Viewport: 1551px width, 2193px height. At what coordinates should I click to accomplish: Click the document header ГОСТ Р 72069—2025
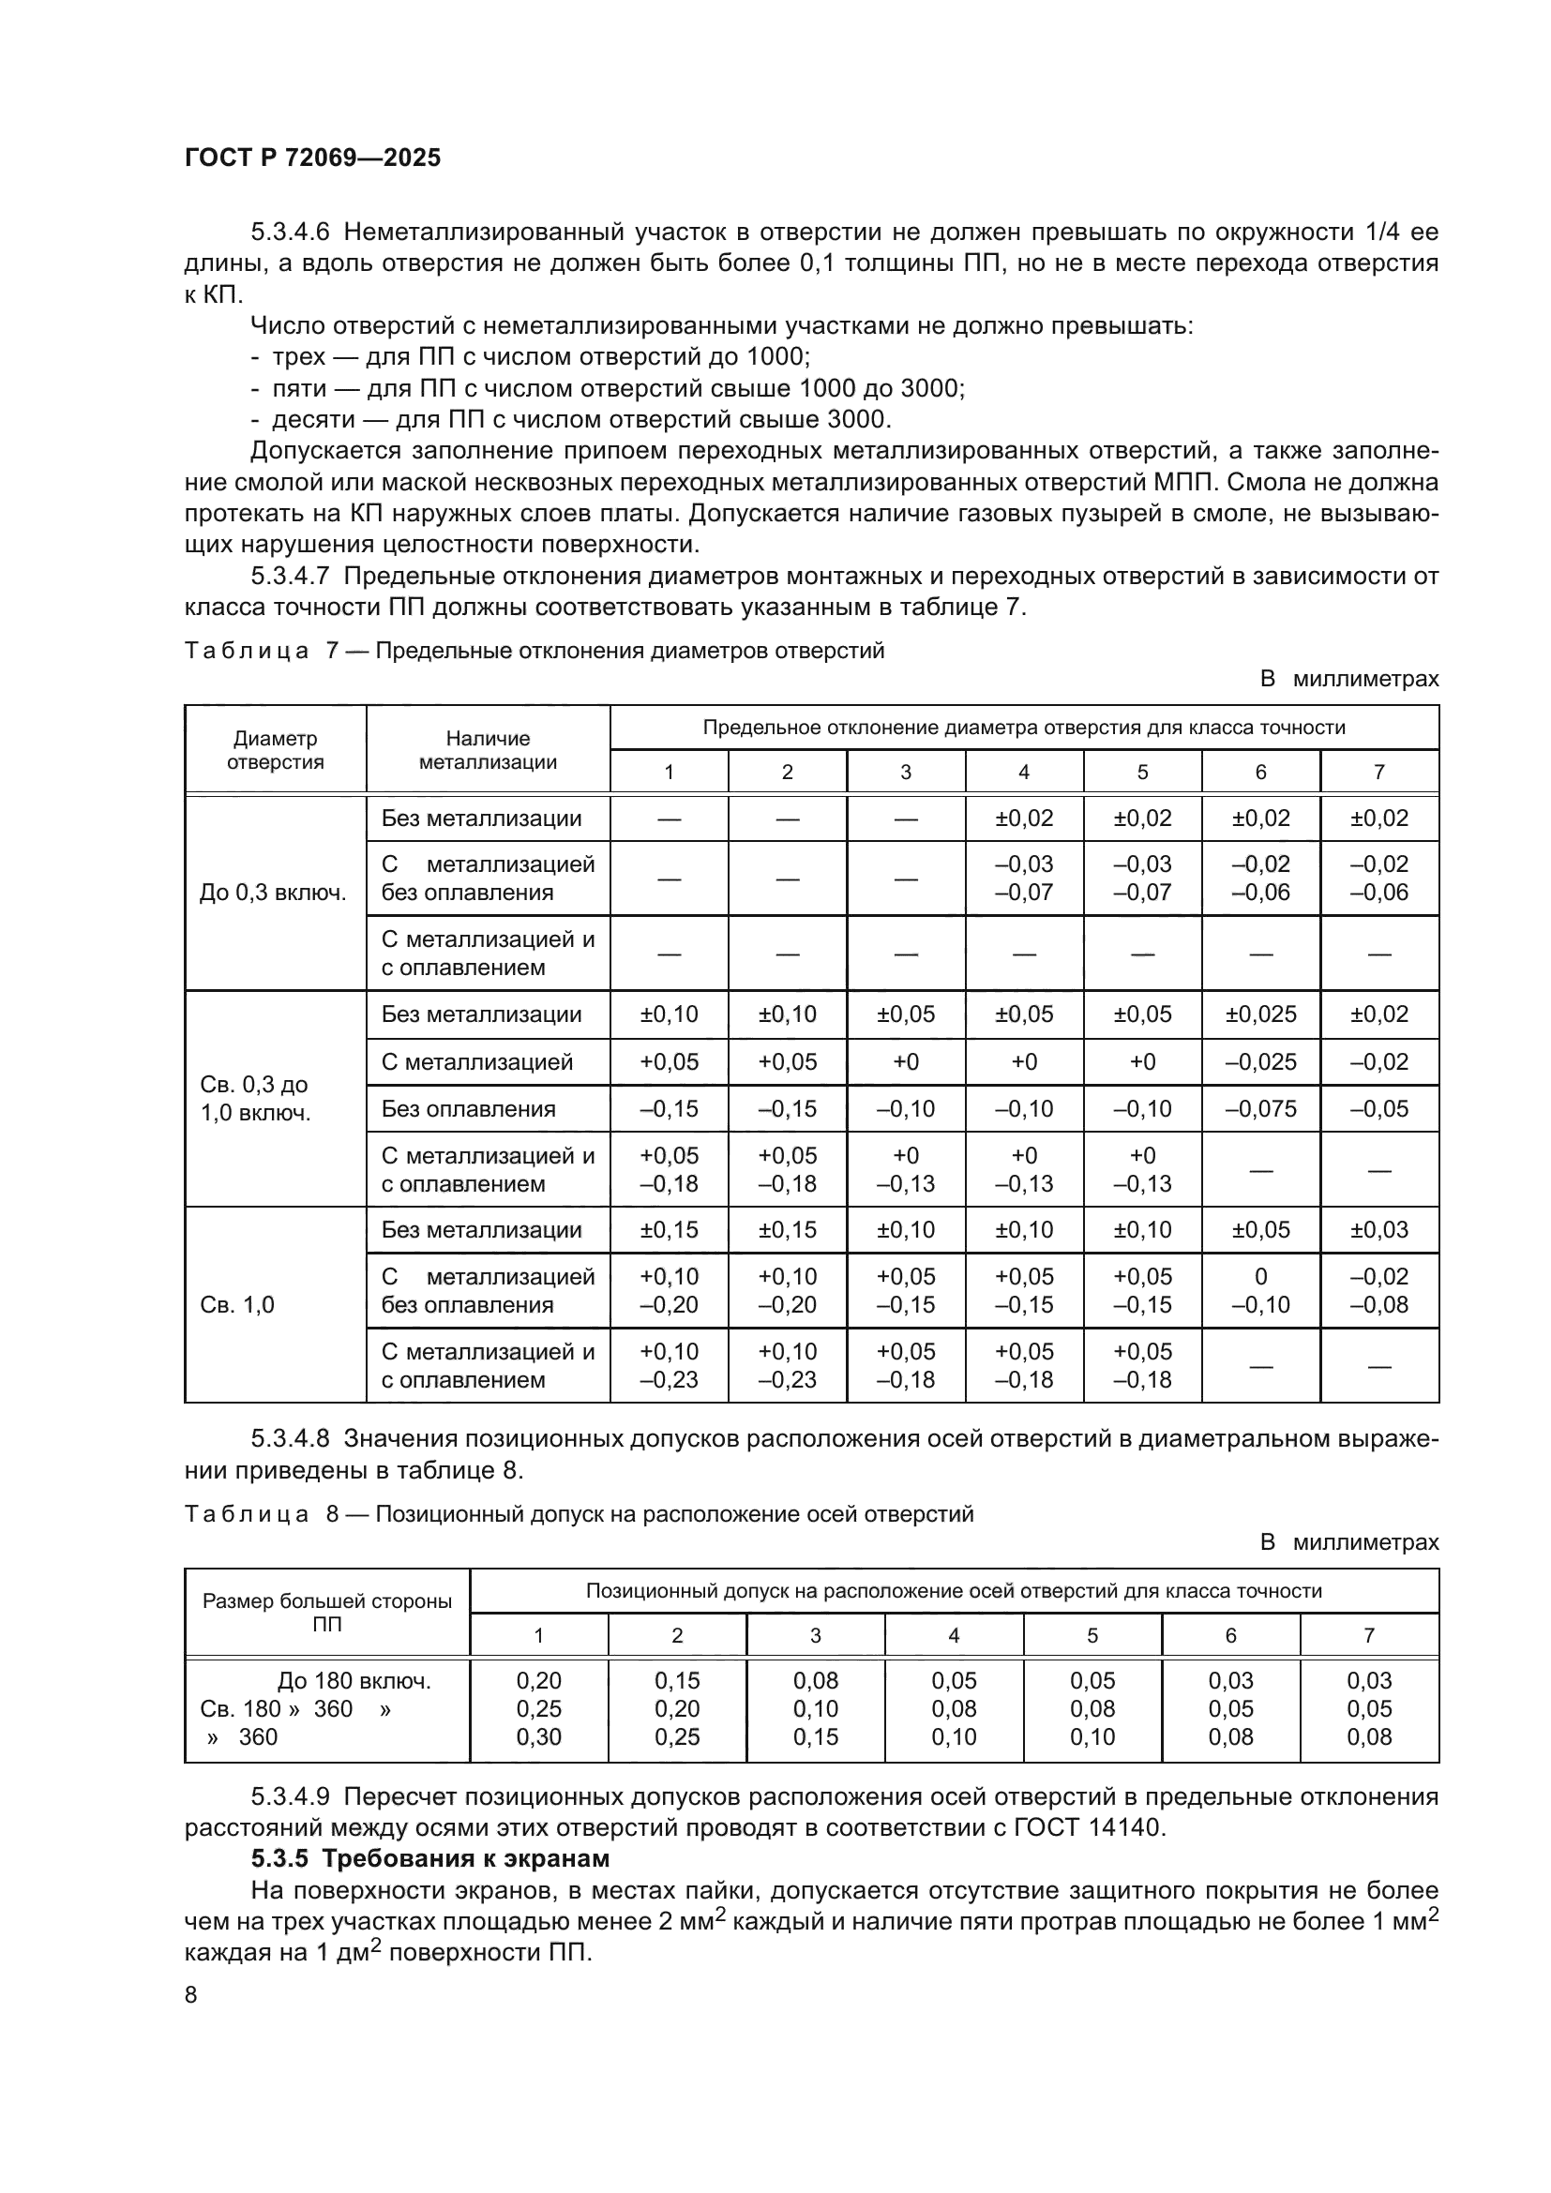pyautogui.click(x=312, y=158)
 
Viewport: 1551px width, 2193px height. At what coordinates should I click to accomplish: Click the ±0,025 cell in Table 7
pyautogui.click(x=1260, y=1014)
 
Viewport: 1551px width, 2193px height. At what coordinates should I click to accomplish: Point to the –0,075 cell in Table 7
pyautogui.click(x=1260, y=1109)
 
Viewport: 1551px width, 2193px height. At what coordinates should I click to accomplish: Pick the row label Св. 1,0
pyautogui.click(x=237, y=1305)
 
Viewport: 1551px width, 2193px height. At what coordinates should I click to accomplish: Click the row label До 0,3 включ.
pyautogui.click(x=273, y=894)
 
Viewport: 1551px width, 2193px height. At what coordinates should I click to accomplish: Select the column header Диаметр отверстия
pyautogui.click(x=275, y=750)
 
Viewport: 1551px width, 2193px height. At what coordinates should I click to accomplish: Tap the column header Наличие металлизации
pyautogui.click(x=488, y=750)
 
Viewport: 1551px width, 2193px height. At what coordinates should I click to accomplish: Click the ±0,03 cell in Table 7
pyautogui.click(x=1379, y=1229)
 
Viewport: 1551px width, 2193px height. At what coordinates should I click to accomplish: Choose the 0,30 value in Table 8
pyautogui.click(x=538, y=1736)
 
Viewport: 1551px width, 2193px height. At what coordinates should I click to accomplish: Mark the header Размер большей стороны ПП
pyautogui.click(x=326, y=1613)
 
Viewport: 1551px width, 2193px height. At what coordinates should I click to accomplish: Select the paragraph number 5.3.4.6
pyautogui.click(x=291, y=233)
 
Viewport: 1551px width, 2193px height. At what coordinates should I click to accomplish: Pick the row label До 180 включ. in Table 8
pyautogui.click(x=354, y=1680)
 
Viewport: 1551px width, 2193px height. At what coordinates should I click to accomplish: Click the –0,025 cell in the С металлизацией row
pyautogui.click(x=1260, y=1062)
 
